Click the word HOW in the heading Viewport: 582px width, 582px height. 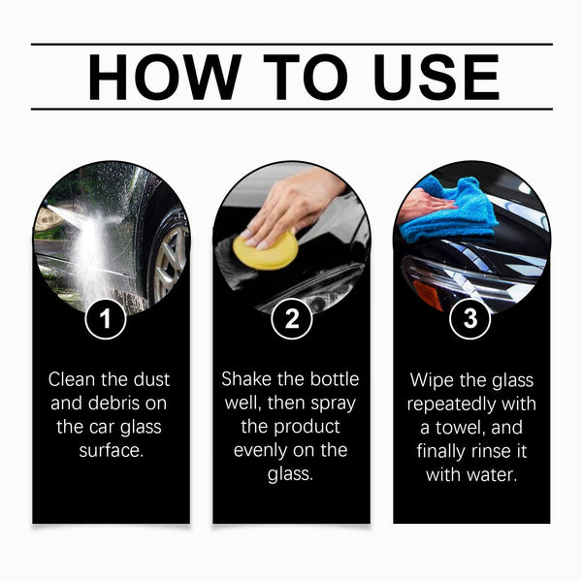tap(160, 77)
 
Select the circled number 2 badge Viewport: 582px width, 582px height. tap(291, 319)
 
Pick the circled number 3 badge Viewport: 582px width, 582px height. tap(470, 319)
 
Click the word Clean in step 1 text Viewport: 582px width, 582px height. tap(71, 379)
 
